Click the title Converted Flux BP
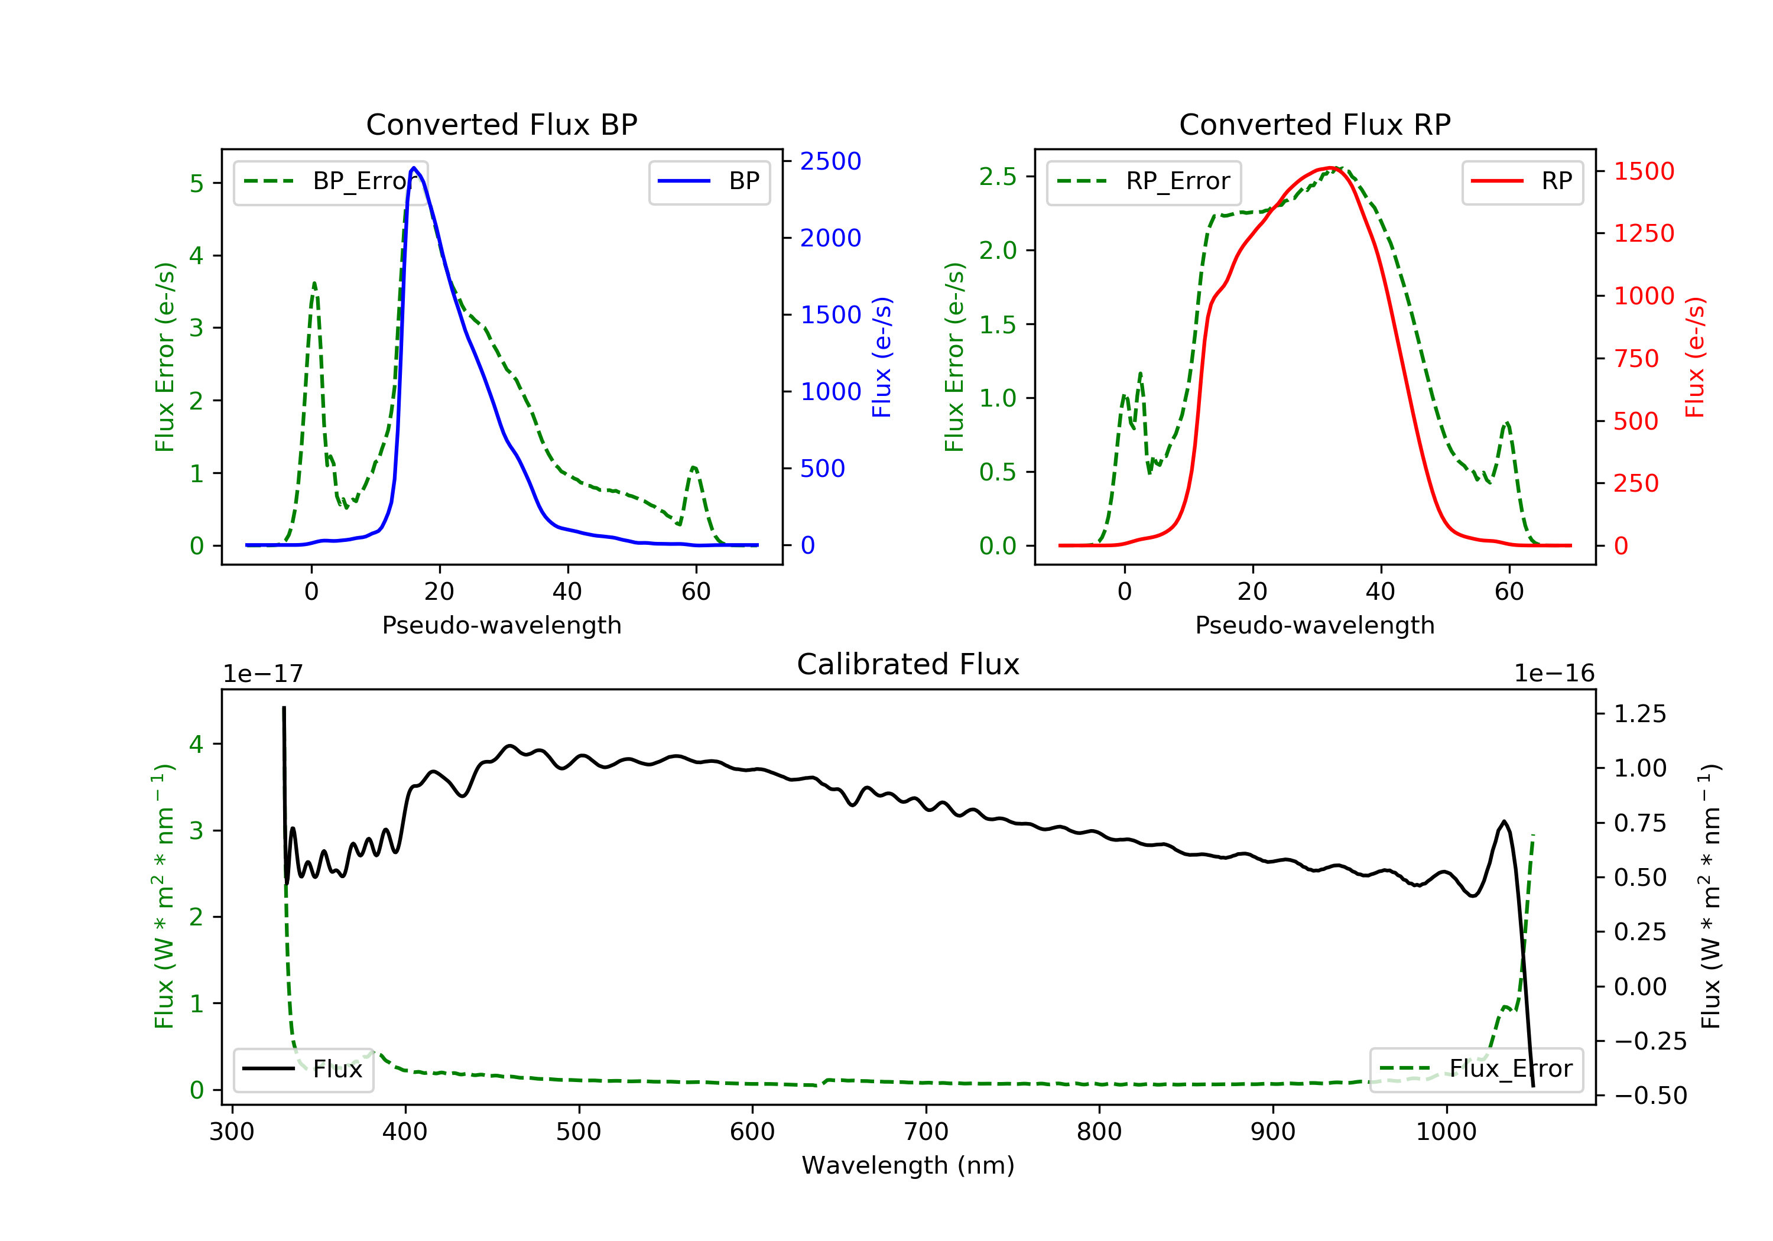[x=501, y=124]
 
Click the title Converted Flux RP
[x=1314, y=124]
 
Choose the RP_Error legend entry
[x=1144, y=181]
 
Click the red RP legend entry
[x=1522, y=181]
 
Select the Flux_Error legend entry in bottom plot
[x=1476, y=1069]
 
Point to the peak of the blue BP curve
[x=414, y=168]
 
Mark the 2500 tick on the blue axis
[x=830, y=161]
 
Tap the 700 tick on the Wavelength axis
[x=926, y=1132]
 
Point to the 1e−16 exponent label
[x=1554, y=674]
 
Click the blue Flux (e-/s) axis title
[x=882, y=357]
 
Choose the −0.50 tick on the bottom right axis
[x=1649, y=1096]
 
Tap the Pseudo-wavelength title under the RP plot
[x=1314, y=625]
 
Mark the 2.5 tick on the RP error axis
[x=998, y=177]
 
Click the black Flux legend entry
[x=304, y=1070]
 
